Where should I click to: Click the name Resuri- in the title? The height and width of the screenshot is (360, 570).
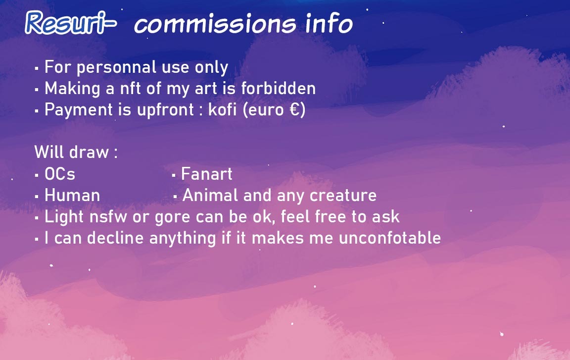tap(71, 23)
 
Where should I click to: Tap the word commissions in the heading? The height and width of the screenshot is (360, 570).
tap(215, 24)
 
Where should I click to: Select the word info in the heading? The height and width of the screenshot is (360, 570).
tap(329, 23)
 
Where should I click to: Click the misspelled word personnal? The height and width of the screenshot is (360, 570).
tap(116, 68)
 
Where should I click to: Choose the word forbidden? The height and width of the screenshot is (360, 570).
tap(279, 88)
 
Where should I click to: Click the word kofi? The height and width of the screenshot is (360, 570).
tap(222, 109)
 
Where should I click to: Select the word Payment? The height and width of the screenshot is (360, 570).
tap(79, 110)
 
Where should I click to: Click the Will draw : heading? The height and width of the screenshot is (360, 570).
tap(76, 152)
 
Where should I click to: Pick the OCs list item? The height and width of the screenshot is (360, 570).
tap(59, 174)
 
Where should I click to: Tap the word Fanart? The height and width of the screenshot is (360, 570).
tap(206, 174)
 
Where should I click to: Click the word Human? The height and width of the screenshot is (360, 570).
tap(72, 195)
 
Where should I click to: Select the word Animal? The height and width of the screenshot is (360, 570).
tap(210, 195)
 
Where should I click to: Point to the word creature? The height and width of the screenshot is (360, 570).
tap(343, 196)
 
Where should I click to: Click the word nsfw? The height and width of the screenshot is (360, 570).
tap(108, 217)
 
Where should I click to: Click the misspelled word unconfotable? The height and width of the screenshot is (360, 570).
tap(390, 238)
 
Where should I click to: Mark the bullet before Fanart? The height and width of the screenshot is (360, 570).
tap(174, 176)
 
